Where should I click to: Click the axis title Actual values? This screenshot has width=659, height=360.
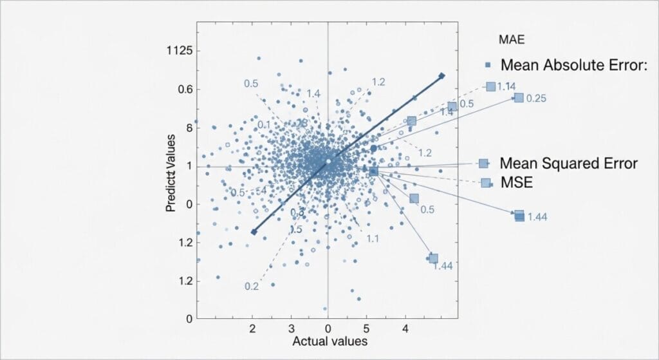329,341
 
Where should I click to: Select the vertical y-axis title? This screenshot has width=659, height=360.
171,173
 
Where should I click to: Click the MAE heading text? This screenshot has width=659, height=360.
512,40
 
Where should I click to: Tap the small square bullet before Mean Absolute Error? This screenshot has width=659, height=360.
488,65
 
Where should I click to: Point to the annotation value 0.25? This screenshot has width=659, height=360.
536,99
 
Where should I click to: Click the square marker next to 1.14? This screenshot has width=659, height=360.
491,86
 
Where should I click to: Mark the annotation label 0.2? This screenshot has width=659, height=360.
252,287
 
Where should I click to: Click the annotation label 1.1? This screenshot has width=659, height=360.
372,239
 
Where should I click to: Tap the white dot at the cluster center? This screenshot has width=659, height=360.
328,161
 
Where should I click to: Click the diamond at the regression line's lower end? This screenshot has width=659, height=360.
254,232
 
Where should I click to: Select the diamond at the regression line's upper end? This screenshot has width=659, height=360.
442,76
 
